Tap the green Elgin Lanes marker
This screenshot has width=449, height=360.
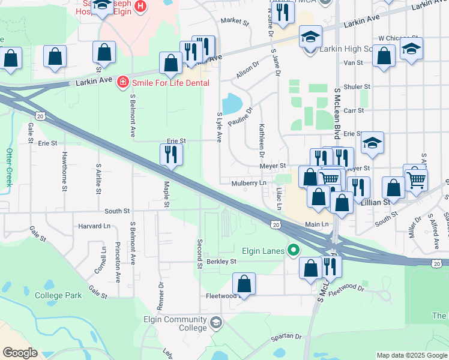click(x=293, y=250)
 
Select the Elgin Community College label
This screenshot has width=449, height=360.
click(x=174, y=323)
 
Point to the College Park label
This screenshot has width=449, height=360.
click(x=58, y=295)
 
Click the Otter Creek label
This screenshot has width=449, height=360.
click(x=9, y=167)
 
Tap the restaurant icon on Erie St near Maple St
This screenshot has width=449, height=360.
click(x=172, y=155)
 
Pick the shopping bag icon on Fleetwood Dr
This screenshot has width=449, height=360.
click(x=244, y=283)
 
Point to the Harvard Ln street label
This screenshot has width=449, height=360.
click(x=95, y=226)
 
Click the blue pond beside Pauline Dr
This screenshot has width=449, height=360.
click(x=231, y=104)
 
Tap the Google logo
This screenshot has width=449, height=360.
click(x=20, y=353)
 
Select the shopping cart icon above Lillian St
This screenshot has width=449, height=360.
click(x=415, y=178)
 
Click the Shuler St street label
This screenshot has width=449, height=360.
click(x=357, y=87)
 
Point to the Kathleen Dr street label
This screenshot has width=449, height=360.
click(x=262, y=137)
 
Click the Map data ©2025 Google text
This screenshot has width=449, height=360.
click(x=411, y=355)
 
